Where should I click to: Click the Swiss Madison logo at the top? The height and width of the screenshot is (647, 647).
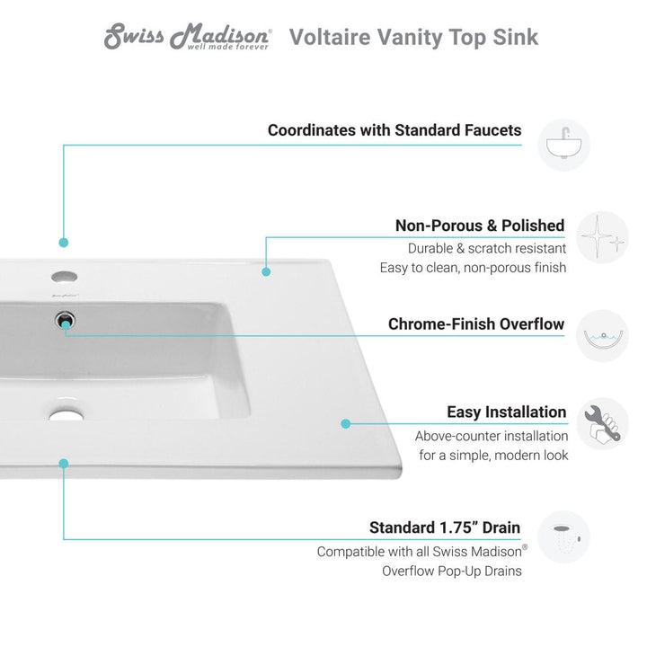click(188, 37)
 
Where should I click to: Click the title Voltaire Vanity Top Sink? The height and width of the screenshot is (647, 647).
click(413, 37)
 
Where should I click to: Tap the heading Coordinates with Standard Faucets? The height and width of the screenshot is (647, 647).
click(394, 130)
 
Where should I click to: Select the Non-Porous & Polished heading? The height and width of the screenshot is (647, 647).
click(480, 226)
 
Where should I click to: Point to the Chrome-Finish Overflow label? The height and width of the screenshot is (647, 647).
click(476, 324)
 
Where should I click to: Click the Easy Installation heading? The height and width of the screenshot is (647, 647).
click(507, 412)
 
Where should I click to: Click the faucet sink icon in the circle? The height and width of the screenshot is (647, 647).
click(564, 144)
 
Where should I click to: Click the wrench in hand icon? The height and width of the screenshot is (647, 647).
click(602, 424)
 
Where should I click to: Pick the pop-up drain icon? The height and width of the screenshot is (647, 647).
click(564, 536)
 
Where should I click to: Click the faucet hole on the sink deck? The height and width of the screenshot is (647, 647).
click(64, 275)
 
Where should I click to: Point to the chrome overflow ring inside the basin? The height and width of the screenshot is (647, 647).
click(64, 318)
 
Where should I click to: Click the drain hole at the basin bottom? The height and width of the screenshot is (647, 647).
click(64, 415)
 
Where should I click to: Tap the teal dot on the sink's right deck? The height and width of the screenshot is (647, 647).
click(346, 423)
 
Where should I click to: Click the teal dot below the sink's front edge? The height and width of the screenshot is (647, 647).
click(64, 464)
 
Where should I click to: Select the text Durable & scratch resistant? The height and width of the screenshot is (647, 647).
click(486, 248)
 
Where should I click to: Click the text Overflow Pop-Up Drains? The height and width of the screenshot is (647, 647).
click(451, 571)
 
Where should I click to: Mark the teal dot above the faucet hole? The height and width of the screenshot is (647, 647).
click(64, 242)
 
